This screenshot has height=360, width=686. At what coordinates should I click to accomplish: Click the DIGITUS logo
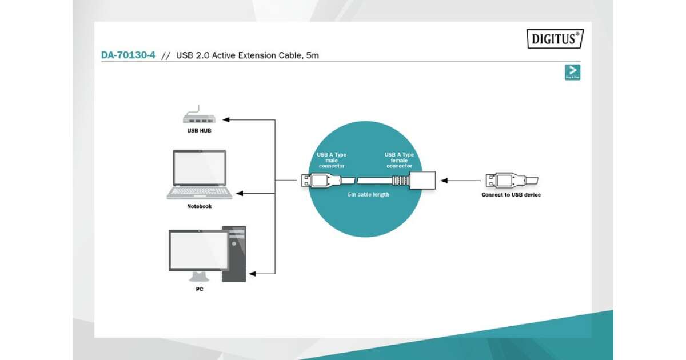pyautogui.click(x=555, y=39)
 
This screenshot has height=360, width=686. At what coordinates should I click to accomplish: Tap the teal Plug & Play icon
pyautogui.click(x=572, y=73)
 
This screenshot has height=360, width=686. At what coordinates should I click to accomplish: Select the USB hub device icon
pyautogui.click(x=198, y=118)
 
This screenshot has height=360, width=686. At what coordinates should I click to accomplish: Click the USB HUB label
pyautogui.click(x=199, y=130)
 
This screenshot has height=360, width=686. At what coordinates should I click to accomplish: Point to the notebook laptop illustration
pyautogui.click(x=200, y=174)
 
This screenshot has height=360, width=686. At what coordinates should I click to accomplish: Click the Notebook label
pyautogui.click(x=199, y=206)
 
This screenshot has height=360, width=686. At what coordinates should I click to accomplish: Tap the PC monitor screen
pyautogui.click(x=197, y=250)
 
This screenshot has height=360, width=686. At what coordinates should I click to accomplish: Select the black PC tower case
pyautogui.click(x=234, y=254)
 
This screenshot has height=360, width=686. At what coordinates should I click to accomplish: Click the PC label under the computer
pyautogui.click(x=199, y=289)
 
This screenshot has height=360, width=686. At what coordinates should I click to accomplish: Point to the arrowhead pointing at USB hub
pyautogui.click(x=226, y=120)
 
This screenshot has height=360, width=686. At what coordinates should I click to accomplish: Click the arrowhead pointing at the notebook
pyautogui.click(x=241, y=194)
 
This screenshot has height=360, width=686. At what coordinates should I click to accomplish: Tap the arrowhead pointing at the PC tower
pyautogui.click(x=253, y=274)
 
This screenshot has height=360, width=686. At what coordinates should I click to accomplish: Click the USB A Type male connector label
pyautogui.click(x=332, y=161)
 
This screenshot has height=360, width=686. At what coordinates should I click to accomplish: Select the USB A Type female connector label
pyautogui.click(x=399, y=161)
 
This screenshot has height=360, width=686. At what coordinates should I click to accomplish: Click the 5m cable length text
pyautogui.click(x=368, y=195)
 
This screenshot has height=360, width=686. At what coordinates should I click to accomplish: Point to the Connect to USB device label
pyautogui.click(x=511, y=195)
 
